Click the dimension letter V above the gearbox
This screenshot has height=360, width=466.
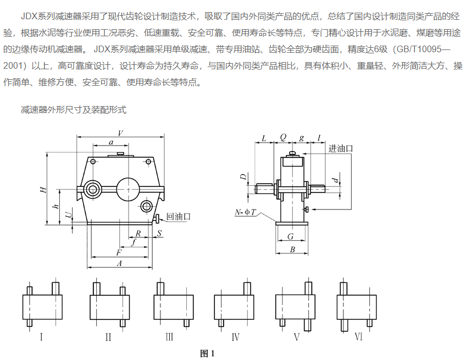120,132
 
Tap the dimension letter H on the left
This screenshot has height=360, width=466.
42,189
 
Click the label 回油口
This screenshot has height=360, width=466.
177,217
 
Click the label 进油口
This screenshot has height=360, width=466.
340,148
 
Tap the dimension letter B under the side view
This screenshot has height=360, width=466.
292,250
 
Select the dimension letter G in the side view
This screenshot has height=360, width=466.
292,237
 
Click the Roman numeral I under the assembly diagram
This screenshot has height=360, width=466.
41,337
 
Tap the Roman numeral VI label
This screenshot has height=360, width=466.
358,336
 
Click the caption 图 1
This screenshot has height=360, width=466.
207,353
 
